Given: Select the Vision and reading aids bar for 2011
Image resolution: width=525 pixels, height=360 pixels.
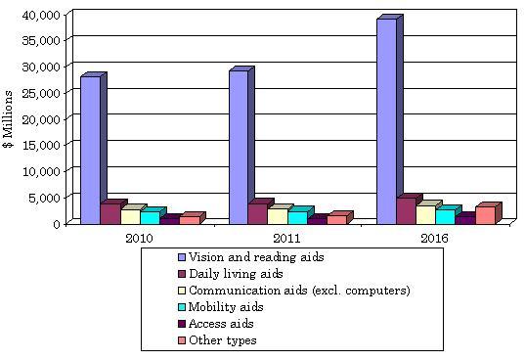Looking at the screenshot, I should [x=238, y=147].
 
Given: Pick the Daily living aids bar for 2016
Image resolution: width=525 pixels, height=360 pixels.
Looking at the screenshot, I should [x=406, y=210].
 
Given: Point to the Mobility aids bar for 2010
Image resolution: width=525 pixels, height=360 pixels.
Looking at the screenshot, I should [x=150, y=217].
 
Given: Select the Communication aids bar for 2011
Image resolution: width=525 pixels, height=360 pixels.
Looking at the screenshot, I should [x=278, y=216].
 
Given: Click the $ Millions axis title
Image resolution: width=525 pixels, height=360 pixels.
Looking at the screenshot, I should [x=9, y=118].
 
